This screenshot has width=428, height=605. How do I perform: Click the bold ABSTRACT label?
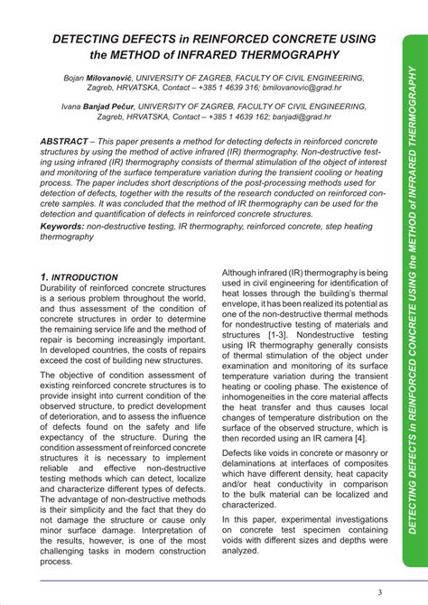tap(68, 144)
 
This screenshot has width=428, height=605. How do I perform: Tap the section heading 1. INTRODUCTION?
tap(92, 277)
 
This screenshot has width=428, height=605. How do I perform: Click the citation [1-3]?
tap(284, 358)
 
